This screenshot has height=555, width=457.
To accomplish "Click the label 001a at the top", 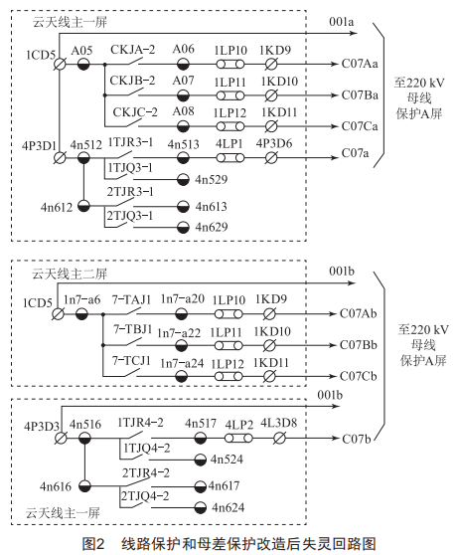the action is click(x=341, y=22).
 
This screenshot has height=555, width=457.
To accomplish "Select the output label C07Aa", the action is click(x=360, y=64).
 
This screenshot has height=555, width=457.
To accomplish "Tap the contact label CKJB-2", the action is click(x=132, y=81).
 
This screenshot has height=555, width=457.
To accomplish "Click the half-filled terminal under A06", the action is click(x=183, y=65).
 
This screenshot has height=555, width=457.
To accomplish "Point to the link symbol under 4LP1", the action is click(x=230, y=158).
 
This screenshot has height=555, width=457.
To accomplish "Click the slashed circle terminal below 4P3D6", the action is click(x=271, y=158).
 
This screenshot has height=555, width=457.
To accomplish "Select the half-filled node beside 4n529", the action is click(x=183, y=179).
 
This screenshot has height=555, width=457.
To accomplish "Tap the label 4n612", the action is click(x=57, y=207).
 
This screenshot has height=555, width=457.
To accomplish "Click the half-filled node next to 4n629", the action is click(x=183, y=227).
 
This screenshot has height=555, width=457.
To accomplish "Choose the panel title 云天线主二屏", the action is click(x=70, y=274).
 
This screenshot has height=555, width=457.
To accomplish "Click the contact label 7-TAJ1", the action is click(x=131, y=299).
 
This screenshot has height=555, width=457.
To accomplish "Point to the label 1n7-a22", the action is click(x=179, y=333).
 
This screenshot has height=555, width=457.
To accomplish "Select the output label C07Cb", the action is click(x=359, y=376).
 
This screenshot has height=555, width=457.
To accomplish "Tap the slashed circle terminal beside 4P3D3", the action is click(x=61, y=439).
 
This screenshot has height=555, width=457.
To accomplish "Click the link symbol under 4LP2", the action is click(x=238, y=439).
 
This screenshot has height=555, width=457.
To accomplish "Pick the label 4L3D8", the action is click(x=278, y=423).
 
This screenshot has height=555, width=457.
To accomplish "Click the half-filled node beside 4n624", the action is click(x=200, y=507).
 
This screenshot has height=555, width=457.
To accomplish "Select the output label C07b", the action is click(x=357, y=439).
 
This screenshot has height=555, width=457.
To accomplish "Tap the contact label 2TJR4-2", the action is click(x=146, y=472).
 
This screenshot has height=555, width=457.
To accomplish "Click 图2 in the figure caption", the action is click(x=93, y=544).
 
